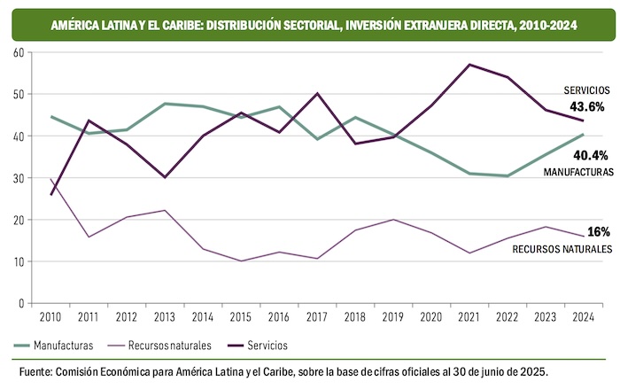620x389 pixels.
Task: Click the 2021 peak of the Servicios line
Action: coord(469,65)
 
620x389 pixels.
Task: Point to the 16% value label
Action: coord(598,206)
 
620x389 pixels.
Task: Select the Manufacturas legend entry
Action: coord(54,344)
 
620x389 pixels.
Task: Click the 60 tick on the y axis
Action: coord(19,52)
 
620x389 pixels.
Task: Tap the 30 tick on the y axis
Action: coord(19,178)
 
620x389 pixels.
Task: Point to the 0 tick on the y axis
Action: coord(21,304)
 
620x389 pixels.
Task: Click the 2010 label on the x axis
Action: coord(51,316)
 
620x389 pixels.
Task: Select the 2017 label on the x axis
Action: coord(317,316)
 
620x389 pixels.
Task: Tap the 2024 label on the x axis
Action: coord(582,316)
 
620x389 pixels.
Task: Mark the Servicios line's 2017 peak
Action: coord(317,94)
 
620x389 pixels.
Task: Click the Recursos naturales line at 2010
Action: coord(51,179)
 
